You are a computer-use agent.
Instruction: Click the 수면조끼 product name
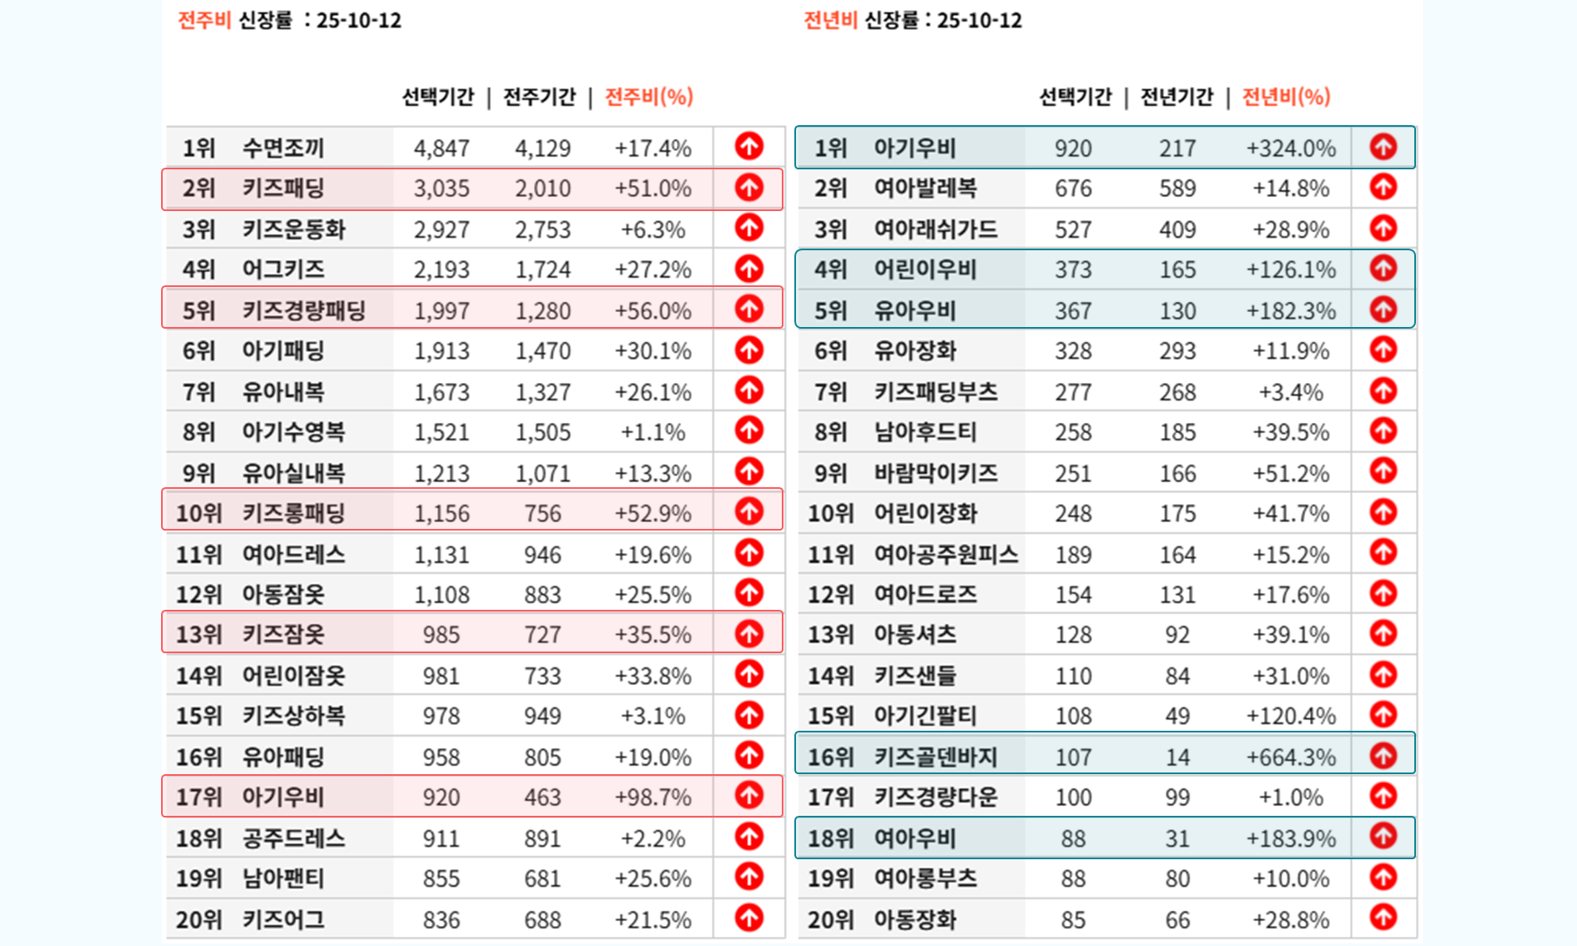[x=283, y=148]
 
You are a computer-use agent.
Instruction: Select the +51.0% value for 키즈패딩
[x=652, y=189]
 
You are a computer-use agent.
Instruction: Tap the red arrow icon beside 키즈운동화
[x=748, y=228]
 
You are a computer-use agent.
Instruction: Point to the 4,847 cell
[x=441, y=148]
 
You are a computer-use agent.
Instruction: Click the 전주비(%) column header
[x=648, y=97]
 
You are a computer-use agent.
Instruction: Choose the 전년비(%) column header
[x=1286, y=97]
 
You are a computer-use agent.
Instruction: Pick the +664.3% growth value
[x=1290, y=757]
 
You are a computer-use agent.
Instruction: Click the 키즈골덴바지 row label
[x=935, y=757]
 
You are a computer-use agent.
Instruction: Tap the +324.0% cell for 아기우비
[x=1290, y=148]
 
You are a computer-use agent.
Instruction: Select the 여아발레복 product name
[x=925, y=189]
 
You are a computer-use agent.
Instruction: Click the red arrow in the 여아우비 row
[x=1383, y=836]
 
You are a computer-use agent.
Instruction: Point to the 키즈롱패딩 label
[x=293, y=513]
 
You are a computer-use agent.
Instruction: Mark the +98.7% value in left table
[x=652, y=798]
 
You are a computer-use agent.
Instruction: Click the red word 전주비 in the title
[x=204, y=20]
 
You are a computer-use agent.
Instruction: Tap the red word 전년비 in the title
[x=830, y=20]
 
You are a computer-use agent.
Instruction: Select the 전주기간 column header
[x=539, y=97]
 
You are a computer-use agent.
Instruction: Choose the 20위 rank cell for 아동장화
[x=830, y=920]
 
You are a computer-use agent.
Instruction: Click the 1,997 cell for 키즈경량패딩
[x=441, y=311]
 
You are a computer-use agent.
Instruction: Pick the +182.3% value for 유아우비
[x=1290, y=311]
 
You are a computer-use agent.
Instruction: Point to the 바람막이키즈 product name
[x=935, y=474]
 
